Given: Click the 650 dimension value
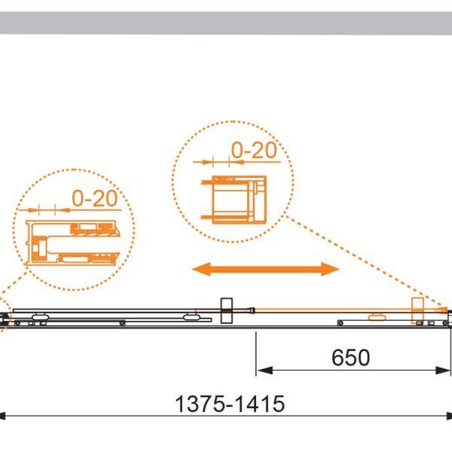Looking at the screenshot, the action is pyautogui.click(x=350, y=357).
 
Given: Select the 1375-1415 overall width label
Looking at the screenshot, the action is pyautogui.click(x=230, y=404).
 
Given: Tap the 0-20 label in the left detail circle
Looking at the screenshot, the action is pyautogui.click(x=95, y=198).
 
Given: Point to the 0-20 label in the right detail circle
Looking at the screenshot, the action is pyautogui.click(x=254, y=150).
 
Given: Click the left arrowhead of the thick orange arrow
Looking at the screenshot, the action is pyautogui.click(x=201, y=269).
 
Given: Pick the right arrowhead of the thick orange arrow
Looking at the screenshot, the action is pyautogui.click(x=331, y=269).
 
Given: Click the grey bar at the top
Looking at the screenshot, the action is pyautogui.click(x=226, y=23).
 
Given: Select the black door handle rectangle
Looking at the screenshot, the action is pyautogui.click(x=227, y=310).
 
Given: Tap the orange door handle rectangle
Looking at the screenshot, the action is pyautogui.click(x=417, y=310).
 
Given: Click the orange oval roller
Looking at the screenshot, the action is pyautogui.click(x=377, y=317).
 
